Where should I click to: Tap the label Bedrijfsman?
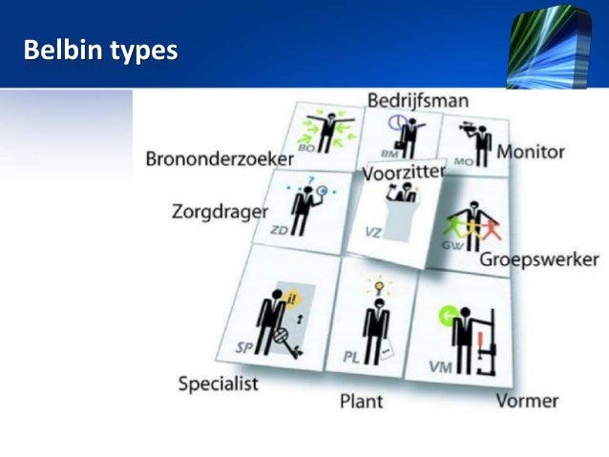(417, 100)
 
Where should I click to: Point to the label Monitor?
(531, 152)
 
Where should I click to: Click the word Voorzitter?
(404, 176)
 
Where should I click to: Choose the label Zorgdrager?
(220, 211)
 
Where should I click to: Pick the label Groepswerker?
(539, 260)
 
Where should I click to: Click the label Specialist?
(219, 384)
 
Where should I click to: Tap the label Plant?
(361, 401)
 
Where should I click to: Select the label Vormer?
(527, 400)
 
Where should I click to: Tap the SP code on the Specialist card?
(244, 348)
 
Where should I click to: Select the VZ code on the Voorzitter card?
(371, 232)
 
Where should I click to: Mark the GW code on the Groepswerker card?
(453, 244)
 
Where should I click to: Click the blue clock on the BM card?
(396, 123)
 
